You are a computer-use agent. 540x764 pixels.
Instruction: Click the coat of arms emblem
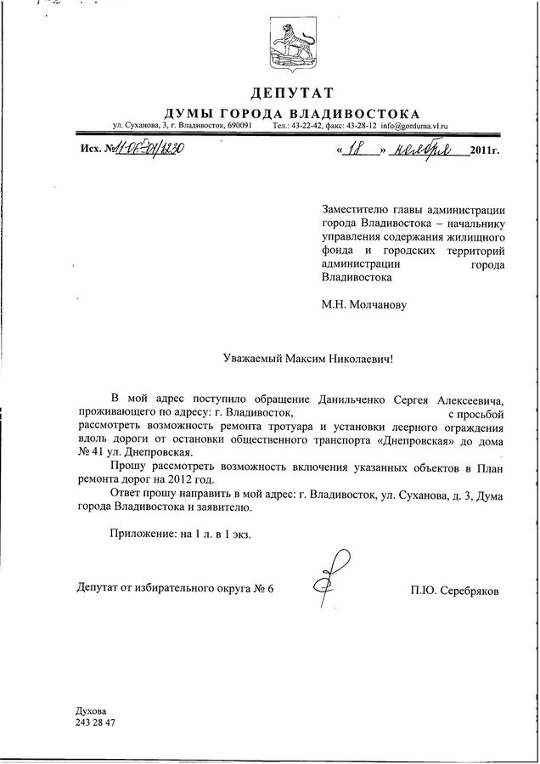click(x=292, y=43)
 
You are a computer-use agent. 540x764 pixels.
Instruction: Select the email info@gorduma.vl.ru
click(x=414, y=126)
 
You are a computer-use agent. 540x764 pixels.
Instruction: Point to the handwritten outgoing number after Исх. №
click(x=149, y=150)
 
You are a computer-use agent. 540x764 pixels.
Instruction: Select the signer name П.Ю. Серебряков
click(x=453, y=588)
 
